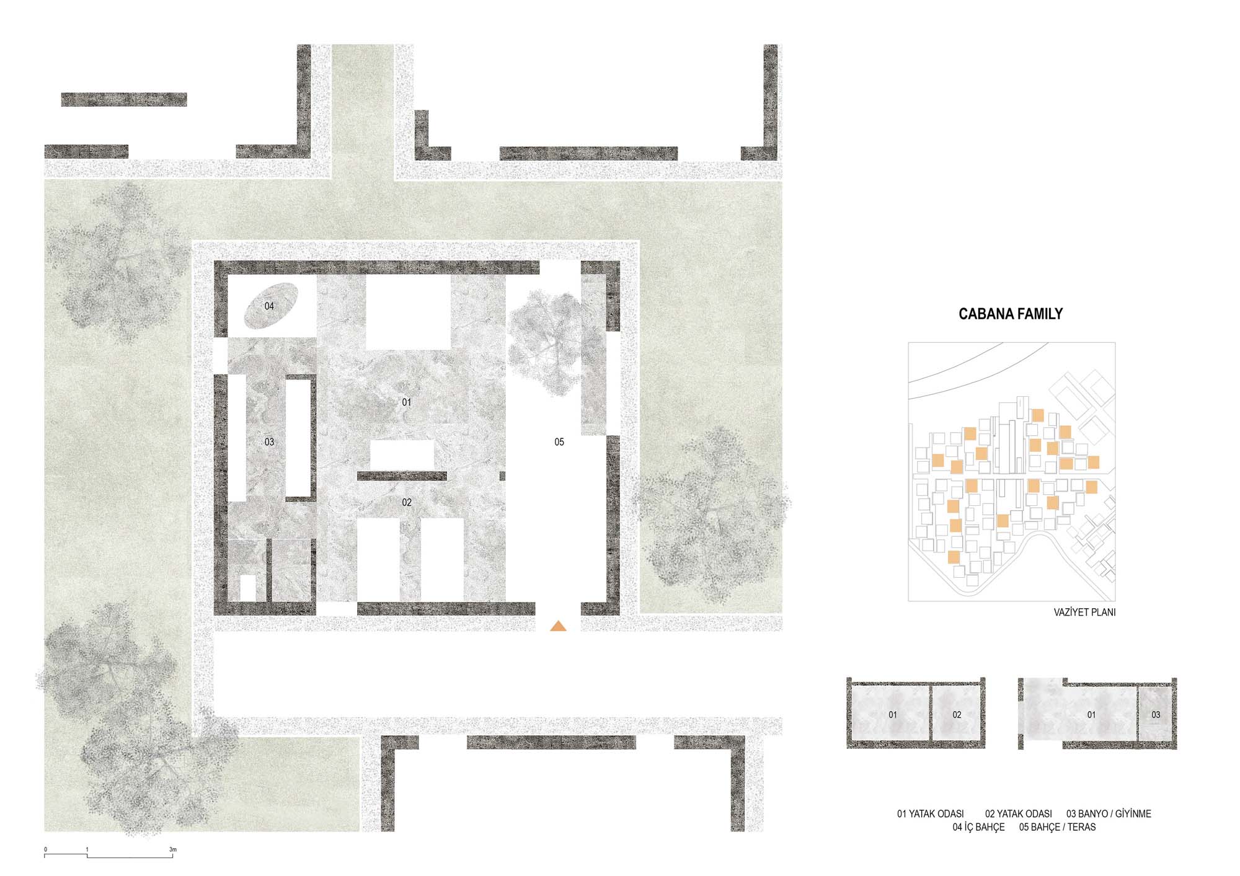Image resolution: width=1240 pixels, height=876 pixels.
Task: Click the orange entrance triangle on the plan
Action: [x=558, y=626]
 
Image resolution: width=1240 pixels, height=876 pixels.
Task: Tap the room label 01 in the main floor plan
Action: [x=406, y=402]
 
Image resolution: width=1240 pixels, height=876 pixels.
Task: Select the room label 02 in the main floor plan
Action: [x=407, y=502]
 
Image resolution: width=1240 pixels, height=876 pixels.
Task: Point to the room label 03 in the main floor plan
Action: [x=269, y=442]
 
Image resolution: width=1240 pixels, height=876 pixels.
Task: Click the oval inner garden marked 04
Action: [x=269, y=306]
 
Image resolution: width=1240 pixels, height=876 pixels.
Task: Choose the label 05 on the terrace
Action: [x=559, y=442]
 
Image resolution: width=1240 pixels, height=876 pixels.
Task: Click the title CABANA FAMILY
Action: [x=1011, y=314]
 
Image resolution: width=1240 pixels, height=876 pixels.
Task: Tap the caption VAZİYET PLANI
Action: [x=1084, y=612]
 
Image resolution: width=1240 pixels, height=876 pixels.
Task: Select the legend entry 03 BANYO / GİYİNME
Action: [x=1109, y=813]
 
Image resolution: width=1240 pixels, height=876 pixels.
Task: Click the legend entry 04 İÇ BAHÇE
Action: [x=978, y=827]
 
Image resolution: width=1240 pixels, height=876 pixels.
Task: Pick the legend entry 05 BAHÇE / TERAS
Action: [x=1057, y=827]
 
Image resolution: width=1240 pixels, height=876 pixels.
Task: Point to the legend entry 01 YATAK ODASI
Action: [x=930, y=813]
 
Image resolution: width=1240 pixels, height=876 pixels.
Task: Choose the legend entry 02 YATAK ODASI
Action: [x=1018, y=813]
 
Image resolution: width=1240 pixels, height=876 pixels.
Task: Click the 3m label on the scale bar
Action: [x=173, y=849]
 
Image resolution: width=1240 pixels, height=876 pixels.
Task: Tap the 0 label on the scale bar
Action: [x=45, y=849]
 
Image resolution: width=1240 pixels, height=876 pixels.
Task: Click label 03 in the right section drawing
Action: [x=1156, y=715]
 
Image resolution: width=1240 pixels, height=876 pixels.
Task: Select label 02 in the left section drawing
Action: [x=957, y=715]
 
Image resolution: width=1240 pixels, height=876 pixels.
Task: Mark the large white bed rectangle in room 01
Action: [x=407, y=313]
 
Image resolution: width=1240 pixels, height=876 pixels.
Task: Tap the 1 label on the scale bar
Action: [x=87, y=849]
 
